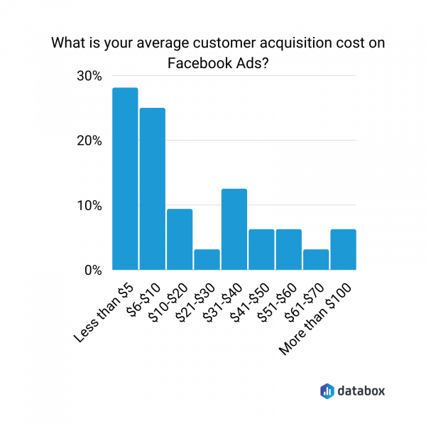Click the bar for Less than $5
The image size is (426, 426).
[125, 179]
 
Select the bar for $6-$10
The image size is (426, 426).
[153, 189]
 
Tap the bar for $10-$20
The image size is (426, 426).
[180, 239]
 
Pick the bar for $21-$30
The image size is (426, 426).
[207, 260]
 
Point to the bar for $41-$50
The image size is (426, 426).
[261, 250]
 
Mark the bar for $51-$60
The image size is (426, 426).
[289, 250]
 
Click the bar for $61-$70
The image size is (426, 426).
[316, 260]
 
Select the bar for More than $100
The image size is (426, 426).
[343, 250]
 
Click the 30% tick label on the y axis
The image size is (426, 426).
[90, 76]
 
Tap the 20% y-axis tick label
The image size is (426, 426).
[90, 141]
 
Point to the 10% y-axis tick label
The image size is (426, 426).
[90, 206]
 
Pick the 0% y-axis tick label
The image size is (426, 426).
[94, 271]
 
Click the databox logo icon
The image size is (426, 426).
[327, 390]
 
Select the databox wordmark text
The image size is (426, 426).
[362, 390]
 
